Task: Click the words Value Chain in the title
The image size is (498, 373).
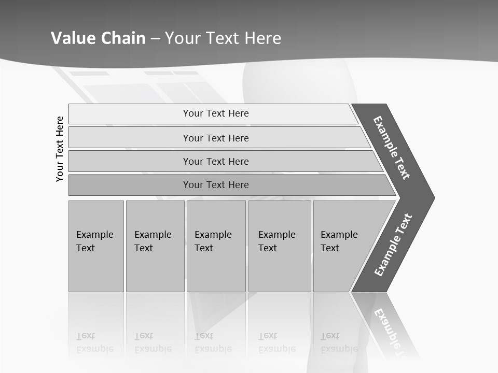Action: coord(98,38)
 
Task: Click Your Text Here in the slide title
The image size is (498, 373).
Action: coord(223,38)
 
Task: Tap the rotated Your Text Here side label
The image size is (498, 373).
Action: coord(60,149)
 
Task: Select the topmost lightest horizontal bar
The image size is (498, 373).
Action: coord(213,113)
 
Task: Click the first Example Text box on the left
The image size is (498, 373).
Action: coord(96,246)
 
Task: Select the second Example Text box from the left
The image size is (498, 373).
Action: coord(155,246)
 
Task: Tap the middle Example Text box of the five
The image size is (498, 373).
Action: coord(216,246)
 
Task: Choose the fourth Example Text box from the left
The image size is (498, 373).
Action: coord(280,246)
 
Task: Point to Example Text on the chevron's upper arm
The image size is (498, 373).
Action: coord(392,148)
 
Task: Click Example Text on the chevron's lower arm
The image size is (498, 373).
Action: coord(393,245)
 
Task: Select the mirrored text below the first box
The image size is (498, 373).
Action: coord(95,342)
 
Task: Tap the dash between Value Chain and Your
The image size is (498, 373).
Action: coord(155,39)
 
